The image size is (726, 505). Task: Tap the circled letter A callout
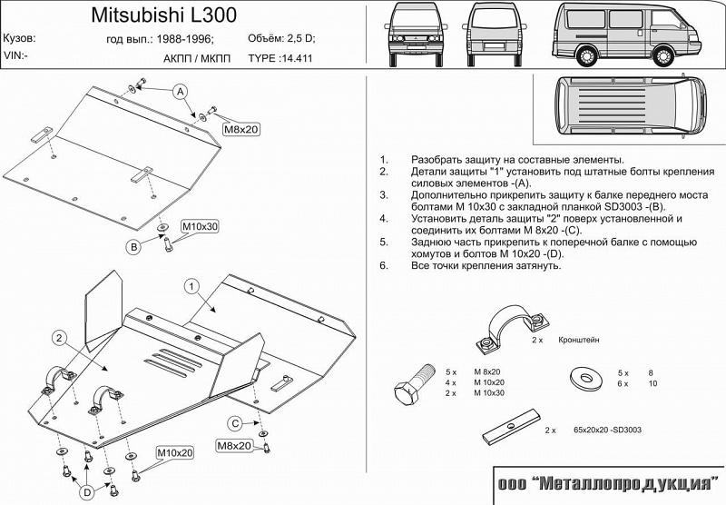181,93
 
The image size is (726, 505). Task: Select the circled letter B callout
132,246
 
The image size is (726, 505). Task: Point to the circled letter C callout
234,423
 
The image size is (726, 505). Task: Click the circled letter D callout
85,491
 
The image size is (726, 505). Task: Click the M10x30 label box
200,226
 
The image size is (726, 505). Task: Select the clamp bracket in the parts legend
503,330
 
